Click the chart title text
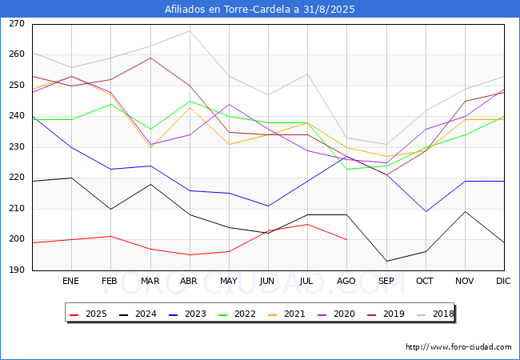pyautogui.click(x=260, y=10)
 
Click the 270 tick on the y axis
pyautogui.click(x=16, y=24)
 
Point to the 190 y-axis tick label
pyautogui.click(x=16, y=270)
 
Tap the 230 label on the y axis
pyautogui.click(x=16, y=147)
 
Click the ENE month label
pyautogui.click(x=71, y=281)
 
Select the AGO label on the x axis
pyautogui.click(x=346, y=281)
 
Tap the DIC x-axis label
pyautogui.click(x=503, y=281)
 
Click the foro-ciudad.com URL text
pyautogui.click(x=458, y=347)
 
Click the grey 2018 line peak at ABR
pyautogui.click(x=190, y=30)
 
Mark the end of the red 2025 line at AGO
pyautogui.click(x=346, y=239)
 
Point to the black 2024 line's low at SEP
pyautogui.click(x=386, y=261)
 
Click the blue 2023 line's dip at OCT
pyautogui.click(x=426, y=212)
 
